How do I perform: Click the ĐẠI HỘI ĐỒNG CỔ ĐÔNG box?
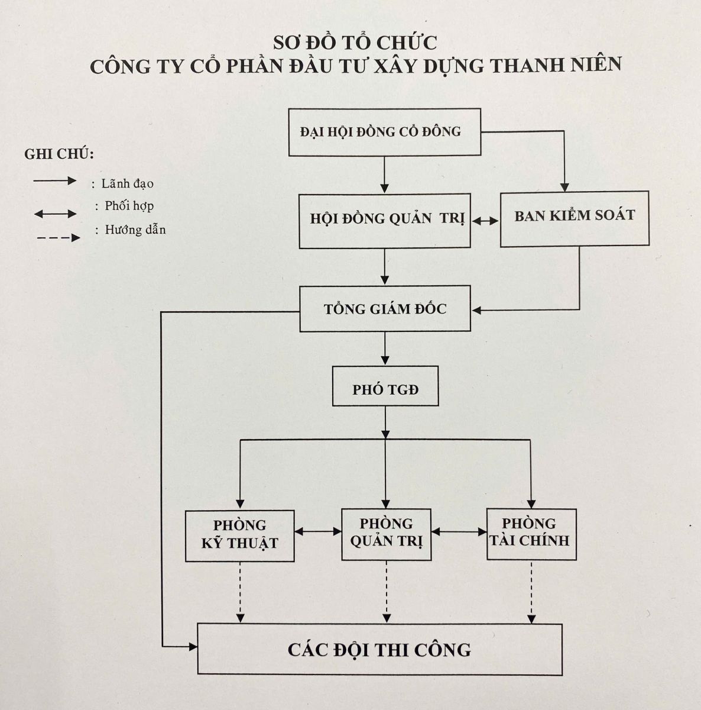385,132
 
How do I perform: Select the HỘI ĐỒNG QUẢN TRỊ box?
385,221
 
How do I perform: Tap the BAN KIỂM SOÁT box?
575,219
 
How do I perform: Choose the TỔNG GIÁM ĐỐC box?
385,309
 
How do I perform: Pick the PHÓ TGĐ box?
385,386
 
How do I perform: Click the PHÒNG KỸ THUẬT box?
240,535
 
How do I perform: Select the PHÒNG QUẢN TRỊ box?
386,535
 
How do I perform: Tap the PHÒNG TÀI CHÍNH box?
531,534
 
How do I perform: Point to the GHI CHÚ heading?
59,154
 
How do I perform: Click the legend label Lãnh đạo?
128,183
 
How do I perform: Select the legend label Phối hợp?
129,206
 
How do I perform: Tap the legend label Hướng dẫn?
135,230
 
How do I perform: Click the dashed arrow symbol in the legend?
59,238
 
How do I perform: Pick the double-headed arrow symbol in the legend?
55,214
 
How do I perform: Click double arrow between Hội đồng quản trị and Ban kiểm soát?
485,221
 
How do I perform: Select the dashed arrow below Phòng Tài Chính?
531,592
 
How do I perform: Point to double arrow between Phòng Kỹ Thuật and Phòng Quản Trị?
318,531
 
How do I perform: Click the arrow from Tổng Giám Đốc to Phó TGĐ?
385,348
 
